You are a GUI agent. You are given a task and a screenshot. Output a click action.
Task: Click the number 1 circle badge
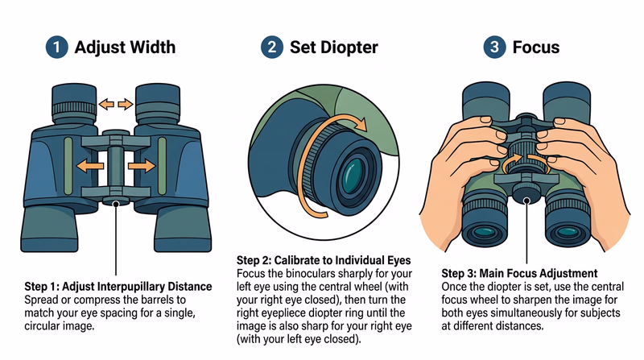(56, 48)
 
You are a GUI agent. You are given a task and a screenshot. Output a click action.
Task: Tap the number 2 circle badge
(272, 48)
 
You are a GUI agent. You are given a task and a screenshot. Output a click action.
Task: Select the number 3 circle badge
(493, 48)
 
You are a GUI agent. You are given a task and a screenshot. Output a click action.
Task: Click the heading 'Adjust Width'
(126, 48)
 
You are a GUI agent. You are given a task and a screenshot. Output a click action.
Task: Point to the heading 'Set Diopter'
(333, 48)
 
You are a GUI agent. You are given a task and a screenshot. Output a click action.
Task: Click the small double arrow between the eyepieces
(118, 104)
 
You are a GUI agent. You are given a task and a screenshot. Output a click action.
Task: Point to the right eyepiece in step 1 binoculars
(158, 101)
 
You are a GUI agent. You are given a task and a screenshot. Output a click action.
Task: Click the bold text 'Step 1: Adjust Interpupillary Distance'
(118, 287)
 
